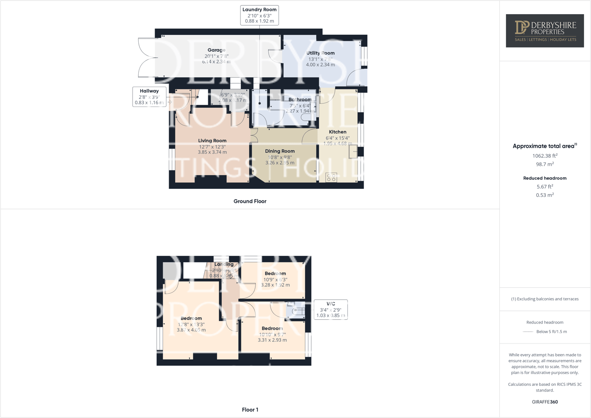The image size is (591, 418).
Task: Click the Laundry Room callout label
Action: click(259, 15)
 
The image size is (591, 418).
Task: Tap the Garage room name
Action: click(216, 50)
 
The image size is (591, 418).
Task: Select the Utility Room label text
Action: click(320, 53)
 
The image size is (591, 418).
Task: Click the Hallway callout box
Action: click(149, 96)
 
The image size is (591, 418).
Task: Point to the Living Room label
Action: click(212, 141)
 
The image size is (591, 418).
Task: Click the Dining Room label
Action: click(280, 151)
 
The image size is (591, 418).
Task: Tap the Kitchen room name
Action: click(338, 132)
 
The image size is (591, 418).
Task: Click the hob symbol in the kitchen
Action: click(331, 178)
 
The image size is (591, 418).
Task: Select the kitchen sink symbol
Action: click(353, 152)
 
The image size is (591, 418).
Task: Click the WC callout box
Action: click(330, 310)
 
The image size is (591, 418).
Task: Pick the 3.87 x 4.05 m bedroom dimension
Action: click(191, 330)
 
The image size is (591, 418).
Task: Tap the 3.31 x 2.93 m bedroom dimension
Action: click(272, 340)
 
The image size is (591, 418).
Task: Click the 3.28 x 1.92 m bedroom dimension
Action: click(275, 285)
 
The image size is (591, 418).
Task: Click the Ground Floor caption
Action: click(250, 201)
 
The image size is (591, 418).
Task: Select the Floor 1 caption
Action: click(250, 410)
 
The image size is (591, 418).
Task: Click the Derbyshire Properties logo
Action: click(545, 31)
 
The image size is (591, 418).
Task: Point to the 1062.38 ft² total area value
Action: click(545, 155)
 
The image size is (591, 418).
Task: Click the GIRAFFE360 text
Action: click(545, 402)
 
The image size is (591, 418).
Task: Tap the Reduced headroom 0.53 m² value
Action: click(545, 195)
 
